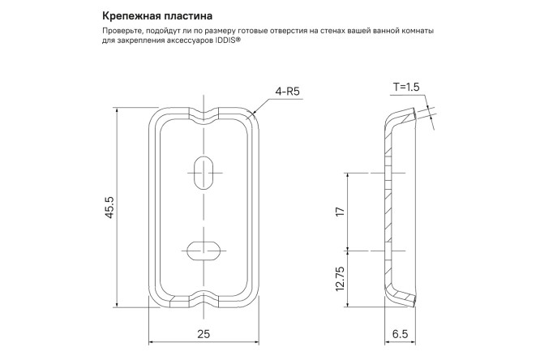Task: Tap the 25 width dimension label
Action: tap(203, 334)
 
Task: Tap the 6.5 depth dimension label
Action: tap(400, 334)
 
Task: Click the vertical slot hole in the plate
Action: tap(203, 171)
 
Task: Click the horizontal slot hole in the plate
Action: tap(202, 249)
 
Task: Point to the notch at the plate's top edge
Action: tap(203, 111)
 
